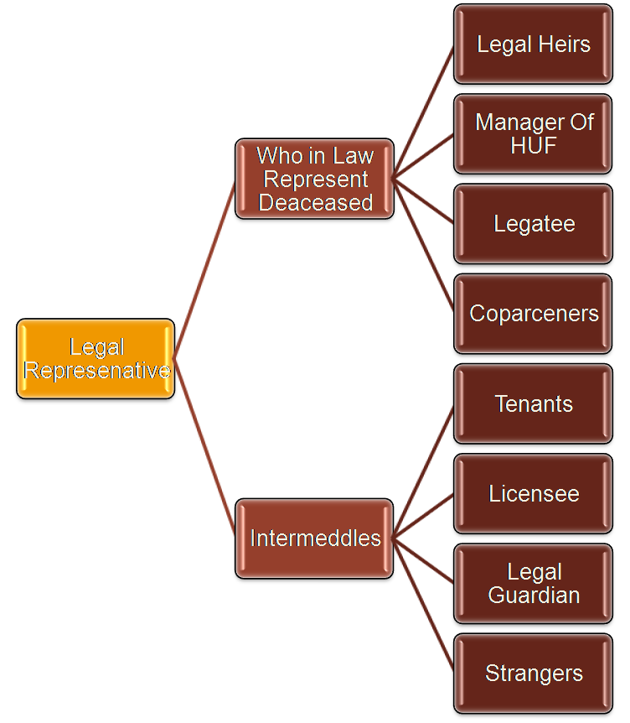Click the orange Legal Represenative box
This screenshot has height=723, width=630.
point(96,359)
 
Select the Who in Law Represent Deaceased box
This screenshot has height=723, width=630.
point(315,179)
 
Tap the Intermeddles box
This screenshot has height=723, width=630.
point(315,538)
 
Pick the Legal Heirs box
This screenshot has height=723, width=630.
point(533,44)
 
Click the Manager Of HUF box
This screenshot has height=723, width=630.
point(533,134)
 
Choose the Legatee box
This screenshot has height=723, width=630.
point(533,224)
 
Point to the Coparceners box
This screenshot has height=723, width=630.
point(533,314)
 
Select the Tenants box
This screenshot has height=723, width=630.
point(533,403)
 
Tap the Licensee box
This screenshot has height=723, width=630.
point(533,493)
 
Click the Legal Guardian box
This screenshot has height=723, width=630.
point(533,583)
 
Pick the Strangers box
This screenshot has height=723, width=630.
point(533,673)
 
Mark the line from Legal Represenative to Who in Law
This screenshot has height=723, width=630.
point(205,268)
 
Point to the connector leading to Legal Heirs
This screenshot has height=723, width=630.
point(423,112)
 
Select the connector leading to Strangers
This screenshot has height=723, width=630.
point(423,606)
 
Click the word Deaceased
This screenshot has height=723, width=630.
point(315,202)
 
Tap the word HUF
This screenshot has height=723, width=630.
point(534,145)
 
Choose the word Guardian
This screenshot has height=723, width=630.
point(534,595)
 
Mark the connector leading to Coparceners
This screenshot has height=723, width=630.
point(423,246)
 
